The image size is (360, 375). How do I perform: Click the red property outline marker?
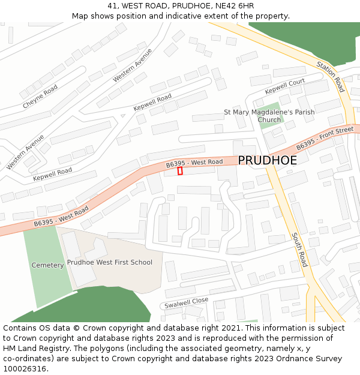point(180,171)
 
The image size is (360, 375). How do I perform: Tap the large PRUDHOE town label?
point(267,161)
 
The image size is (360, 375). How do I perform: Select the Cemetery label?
point(47,265)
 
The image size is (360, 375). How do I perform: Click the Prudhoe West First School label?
point(109,262)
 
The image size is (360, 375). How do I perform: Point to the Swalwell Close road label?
point(186,303)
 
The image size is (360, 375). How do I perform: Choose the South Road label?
point(299,250)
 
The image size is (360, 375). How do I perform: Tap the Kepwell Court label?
point(285,86)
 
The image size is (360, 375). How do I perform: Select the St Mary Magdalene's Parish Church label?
point(269,116)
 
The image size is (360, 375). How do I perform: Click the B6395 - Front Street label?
point(325,137)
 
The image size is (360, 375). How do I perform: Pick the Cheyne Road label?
point(40,97)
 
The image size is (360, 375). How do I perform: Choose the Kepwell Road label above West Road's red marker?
point(152,102)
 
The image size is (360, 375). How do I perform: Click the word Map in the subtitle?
point(80,16)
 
